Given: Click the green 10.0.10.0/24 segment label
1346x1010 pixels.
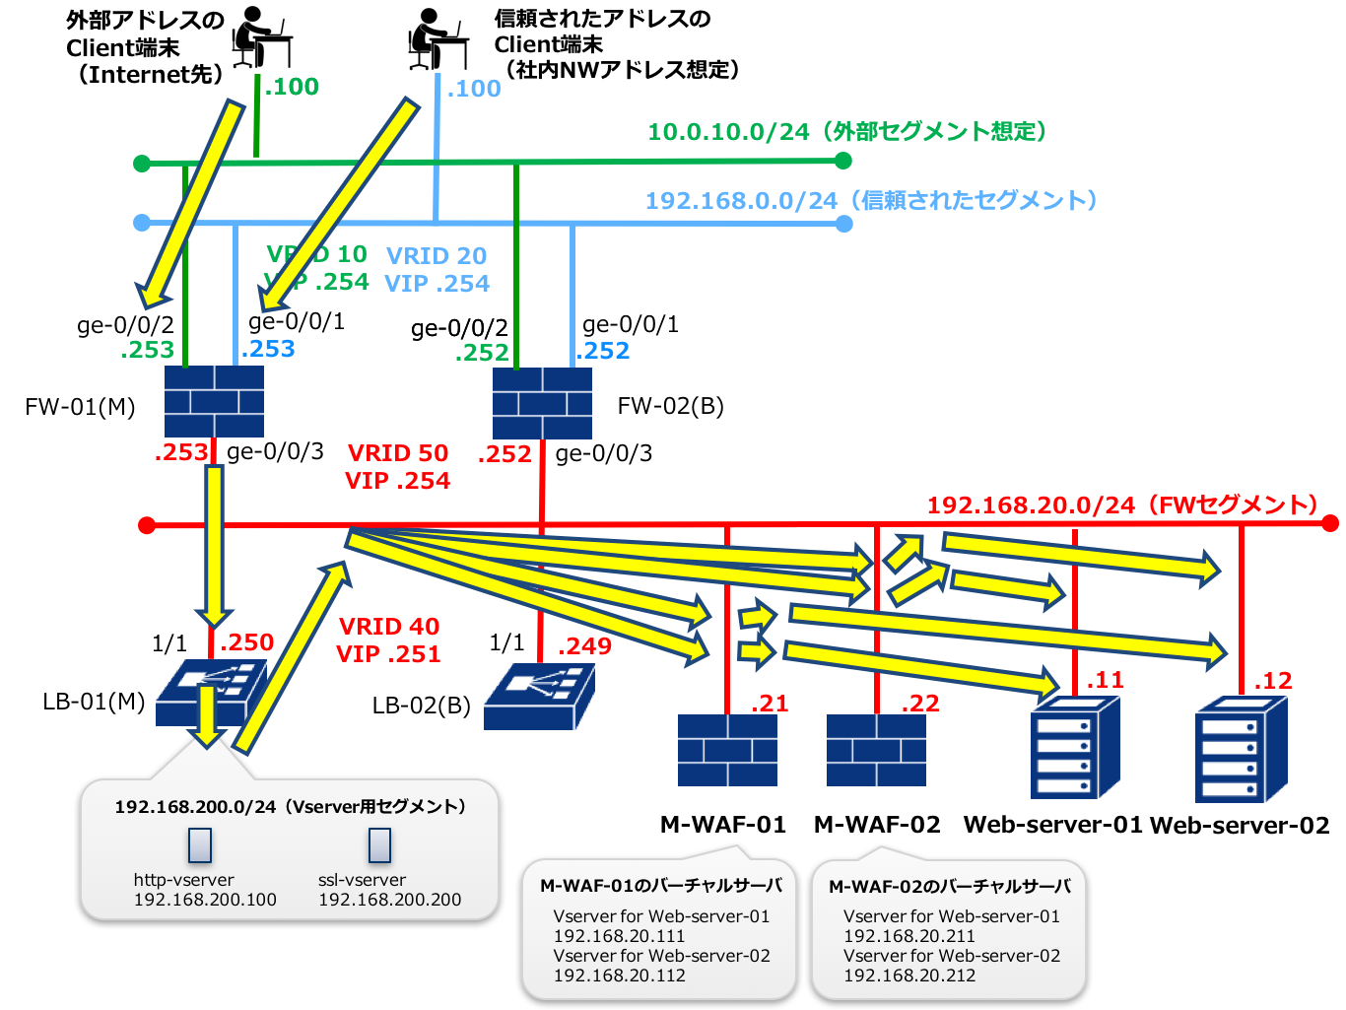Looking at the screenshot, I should coord(845,131).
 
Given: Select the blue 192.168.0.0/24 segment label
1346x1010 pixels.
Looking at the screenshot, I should coord(870,201).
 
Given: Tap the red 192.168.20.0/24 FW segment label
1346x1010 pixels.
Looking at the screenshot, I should coord(1122,505).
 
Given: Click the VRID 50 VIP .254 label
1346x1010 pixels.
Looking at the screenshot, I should coord(398,467).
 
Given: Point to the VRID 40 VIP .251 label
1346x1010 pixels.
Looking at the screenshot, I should coord(388,640).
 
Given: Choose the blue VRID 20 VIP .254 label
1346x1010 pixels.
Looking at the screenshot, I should coord(437,270).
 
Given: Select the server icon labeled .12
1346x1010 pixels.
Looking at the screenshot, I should coord(1241,749).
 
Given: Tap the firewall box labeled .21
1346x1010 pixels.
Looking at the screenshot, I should coord(727,750).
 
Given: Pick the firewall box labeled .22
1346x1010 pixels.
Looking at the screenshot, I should coord(876,750).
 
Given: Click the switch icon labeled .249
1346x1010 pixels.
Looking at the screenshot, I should coord(539,696).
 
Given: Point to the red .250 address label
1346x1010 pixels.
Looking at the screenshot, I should coord(246,642).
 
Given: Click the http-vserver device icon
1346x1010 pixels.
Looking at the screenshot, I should coord(200,845).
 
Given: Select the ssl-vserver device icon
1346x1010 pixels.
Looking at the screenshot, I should coord(379,845).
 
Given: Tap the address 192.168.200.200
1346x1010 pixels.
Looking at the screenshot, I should coord(389,900).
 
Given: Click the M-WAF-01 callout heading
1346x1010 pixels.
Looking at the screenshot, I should coord(660,886).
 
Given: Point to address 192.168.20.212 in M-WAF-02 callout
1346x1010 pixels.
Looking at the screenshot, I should coord(909,976).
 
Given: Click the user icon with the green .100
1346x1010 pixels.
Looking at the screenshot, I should coord(262,37).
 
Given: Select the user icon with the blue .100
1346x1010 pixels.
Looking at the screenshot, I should coord(438,37).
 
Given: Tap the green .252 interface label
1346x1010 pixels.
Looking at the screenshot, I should coord(482,352).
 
